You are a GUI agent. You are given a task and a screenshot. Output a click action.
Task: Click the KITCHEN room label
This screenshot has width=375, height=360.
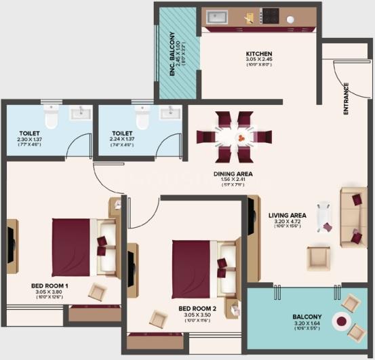[x=259, y=54]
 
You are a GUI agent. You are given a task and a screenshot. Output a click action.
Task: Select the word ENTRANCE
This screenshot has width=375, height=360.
[x=346, y=99]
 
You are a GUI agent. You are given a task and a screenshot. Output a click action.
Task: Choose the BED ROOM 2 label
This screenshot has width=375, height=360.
[x=197, y=307]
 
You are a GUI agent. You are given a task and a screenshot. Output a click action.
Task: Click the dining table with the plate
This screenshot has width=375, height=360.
[x=234, y=136]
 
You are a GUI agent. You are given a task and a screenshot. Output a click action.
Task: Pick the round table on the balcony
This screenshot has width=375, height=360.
[x=339, y=319]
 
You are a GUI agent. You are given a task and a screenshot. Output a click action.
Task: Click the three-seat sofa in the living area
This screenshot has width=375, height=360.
[x=353, y=217]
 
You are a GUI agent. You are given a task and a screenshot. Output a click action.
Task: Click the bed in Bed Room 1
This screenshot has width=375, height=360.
[x=81, y=238]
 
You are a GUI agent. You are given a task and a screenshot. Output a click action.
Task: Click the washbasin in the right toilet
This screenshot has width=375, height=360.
[x=170, y=113]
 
